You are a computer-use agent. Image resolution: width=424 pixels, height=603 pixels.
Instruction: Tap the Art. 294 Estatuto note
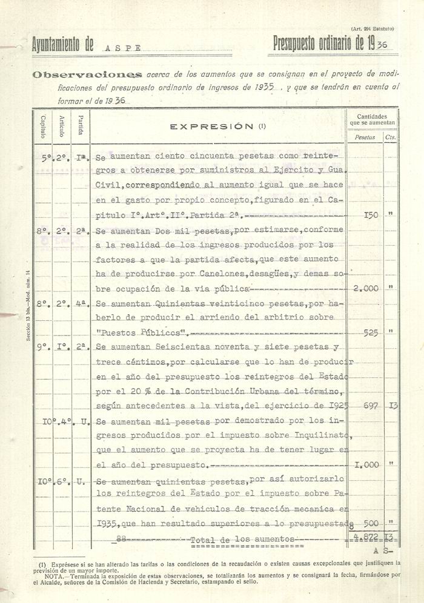(373, 29)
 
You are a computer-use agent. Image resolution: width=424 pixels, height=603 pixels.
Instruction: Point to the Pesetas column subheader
(365, 138)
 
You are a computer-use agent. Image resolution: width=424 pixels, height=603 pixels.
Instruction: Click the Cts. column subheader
(389, 138)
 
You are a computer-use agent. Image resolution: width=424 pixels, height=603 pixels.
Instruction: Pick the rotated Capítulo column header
(42, 127)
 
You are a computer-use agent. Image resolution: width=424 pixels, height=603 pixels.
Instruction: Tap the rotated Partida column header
(80, 127)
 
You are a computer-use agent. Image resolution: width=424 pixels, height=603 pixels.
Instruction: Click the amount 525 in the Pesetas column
(371, 332)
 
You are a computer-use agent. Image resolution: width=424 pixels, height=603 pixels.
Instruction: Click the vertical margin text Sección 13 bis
(28, 321)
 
